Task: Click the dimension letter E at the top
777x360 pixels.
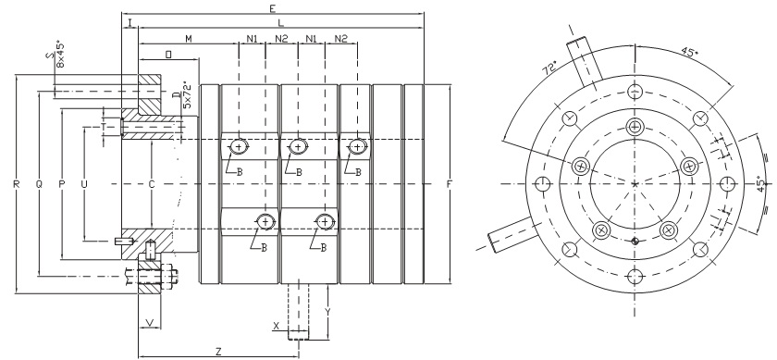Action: click(272, 8)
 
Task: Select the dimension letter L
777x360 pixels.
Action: click(280, 23)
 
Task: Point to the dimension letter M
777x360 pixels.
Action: click(189, 39)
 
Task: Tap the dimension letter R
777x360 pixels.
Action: click(17, 184)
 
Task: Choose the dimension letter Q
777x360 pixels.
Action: click(39, 184)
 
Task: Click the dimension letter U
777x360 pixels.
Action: click(84, 184)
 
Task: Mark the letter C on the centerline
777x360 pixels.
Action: click(152, 184)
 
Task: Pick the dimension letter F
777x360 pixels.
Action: click(450, 184)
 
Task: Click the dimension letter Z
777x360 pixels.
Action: click(218, 352)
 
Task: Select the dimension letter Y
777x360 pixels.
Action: click(327, 311)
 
